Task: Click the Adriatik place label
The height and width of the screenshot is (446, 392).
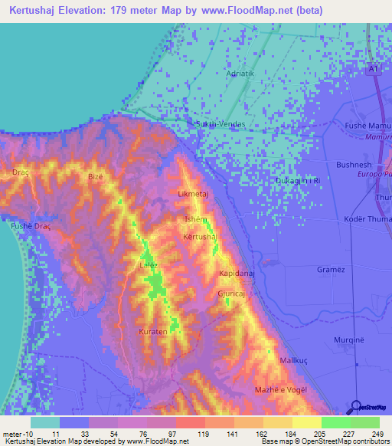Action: tap(240, 74)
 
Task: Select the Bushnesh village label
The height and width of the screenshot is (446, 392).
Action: tap(354, 165)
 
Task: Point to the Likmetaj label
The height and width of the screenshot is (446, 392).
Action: tap(193, 194)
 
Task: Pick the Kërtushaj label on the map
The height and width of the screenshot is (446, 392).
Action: tap(201, 237)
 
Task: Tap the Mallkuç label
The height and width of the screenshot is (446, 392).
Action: tap(293, 359)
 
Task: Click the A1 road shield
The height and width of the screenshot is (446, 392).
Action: tap(373, 70)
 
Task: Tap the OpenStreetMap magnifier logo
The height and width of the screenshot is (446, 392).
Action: tap(357, 407)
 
